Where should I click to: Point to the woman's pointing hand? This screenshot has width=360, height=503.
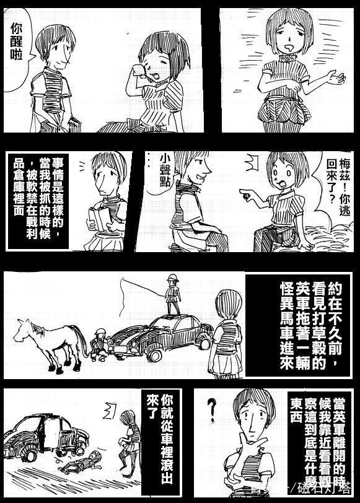(x=245, y=197)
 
